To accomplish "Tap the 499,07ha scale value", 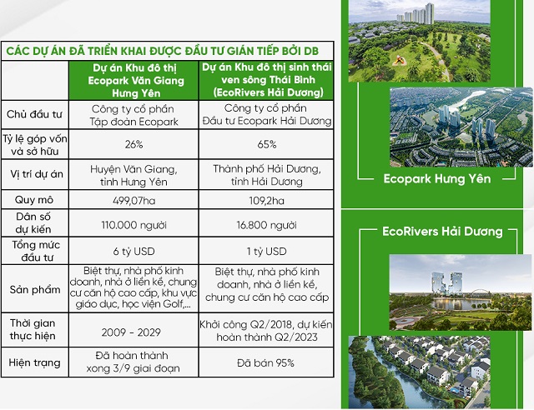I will [x=133, y=200].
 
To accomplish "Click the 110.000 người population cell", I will [x=133, y=225].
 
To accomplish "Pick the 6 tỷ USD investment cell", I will [x=133, y=251].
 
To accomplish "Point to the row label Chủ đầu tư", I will [x=34, y=115].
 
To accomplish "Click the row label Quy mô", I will [x=34, y=200].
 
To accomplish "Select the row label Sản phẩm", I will [x=34, y=288].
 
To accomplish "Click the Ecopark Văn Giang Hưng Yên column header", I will [x=133, y=79].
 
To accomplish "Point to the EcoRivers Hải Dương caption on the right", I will [x=442, y=231].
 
